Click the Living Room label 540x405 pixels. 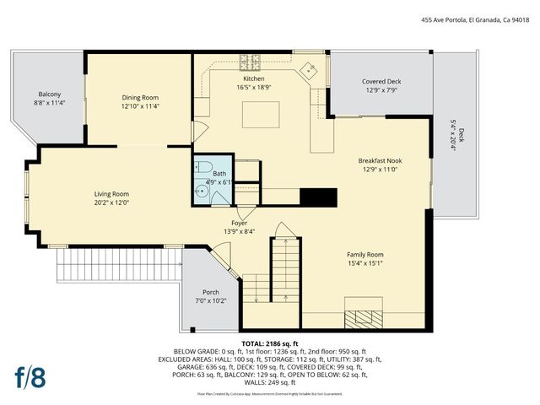tap(111, 193)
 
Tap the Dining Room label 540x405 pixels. tap(140, 97)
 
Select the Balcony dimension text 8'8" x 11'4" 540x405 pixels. tap(49, 103)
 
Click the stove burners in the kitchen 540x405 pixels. tap(251, 62)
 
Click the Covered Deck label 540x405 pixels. tap(381, 82)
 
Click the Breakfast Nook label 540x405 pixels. tap(380, 159)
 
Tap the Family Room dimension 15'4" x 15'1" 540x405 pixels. tap(364, 263)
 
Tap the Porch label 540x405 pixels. tap(210, 292)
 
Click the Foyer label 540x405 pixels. tap(240, 223)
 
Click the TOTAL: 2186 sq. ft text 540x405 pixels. tap(270, 344)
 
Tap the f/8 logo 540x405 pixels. tap(30, 377)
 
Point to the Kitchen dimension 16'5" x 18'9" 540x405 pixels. tap(254, 87)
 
